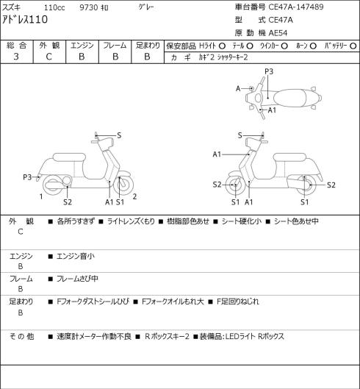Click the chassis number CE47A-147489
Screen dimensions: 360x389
296,7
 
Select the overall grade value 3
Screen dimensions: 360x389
16,57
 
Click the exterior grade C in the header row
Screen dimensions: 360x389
48,57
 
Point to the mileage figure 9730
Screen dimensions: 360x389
89,7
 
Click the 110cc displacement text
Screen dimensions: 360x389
54,7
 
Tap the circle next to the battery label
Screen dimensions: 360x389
353,46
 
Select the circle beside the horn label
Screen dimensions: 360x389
313,46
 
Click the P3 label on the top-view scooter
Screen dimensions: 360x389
269,71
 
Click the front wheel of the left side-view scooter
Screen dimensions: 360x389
123,185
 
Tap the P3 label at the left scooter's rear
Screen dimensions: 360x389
27,177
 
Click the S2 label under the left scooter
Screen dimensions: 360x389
68,202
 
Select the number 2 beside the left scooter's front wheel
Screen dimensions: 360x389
134,196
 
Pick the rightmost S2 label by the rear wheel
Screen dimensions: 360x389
331,185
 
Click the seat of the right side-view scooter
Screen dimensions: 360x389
289,157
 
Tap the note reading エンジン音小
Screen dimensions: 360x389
76,256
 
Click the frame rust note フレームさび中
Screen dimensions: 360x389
77,279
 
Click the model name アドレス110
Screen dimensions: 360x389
25,19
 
